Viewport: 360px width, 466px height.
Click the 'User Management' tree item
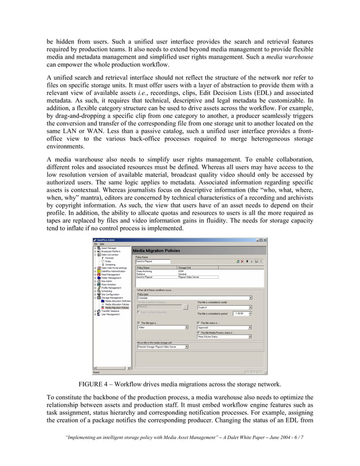click(111, 314)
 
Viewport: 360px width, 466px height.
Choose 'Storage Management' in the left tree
click(112, 298)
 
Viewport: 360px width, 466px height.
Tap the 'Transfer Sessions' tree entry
click(111, 311)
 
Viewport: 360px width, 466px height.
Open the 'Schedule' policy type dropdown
click(195, 298)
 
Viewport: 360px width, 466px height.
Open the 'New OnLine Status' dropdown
click(224, 337)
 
